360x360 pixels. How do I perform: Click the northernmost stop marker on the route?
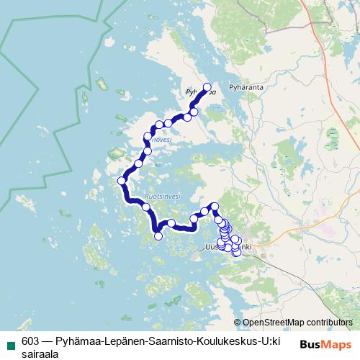point(207,88)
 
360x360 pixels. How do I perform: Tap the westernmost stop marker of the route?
point(122,180)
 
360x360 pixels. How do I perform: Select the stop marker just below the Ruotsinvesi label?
point(146,207)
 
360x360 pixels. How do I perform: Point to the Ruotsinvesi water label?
point(163,194)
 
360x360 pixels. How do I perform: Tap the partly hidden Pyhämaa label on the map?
point(196,92)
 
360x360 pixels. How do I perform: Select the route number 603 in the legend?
point(31,341)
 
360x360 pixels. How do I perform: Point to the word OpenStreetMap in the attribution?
point(276,323)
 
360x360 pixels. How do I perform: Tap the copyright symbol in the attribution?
point(238,323)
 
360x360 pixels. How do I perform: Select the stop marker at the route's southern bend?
point(158,235)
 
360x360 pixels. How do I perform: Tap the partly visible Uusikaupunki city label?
point(216,247)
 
